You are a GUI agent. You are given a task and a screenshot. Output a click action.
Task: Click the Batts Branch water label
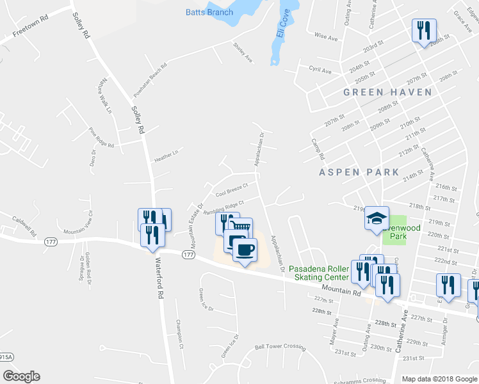pyautogui.click(x=209, y=12)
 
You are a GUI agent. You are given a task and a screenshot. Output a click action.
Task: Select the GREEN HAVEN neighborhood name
pyautogui.click(x=387, y=92)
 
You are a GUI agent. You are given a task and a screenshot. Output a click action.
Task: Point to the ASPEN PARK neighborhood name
pyautogui.click(x=359, y=172)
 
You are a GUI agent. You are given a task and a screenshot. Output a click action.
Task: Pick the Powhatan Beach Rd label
pyautogui.click(x=150, y=81)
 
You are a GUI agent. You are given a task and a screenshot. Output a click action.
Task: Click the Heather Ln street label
pyautogui.click(x=165, y=155)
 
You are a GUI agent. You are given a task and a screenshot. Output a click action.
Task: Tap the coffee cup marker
pyautogui.click(x=243, y=248)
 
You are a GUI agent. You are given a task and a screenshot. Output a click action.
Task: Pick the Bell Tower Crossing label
pyautogui.click(x=280, y=347)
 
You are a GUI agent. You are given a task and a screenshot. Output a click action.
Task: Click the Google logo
pyautogui.click(x=21, y=376)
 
